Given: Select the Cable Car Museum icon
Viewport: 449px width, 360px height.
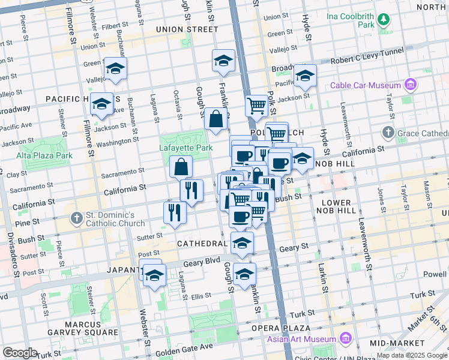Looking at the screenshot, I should pyautogui.click(x=411, y=85).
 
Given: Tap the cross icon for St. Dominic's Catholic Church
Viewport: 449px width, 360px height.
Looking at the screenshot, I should pyautogui.click(x=76, y=217).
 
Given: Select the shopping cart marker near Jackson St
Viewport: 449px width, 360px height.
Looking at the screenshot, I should pyautogui.click(x=256, y=106).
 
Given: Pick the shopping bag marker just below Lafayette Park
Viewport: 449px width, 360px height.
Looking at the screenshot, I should pyautogui.click(x=181, y=166).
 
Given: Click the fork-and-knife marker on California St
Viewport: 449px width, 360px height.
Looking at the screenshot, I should pyautogui.click(x=191, y=190).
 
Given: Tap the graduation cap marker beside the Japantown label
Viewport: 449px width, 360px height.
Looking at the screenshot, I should pyautogui.click(x=155, y=276).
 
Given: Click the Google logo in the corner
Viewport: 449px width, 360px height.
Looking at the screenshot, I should pyautogui.click(x=20, y=353).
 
